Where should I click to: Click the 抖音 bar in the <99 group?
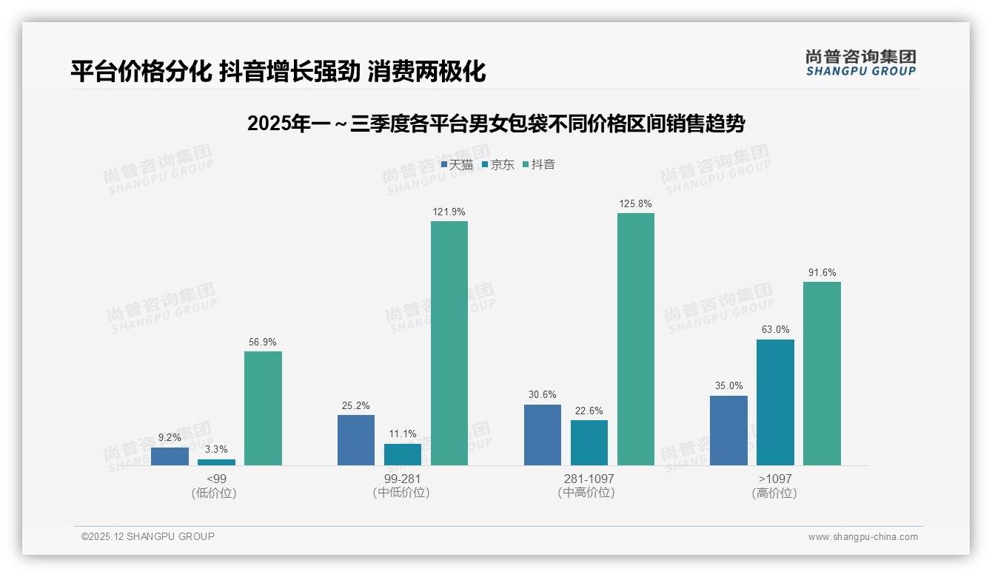(x=263, y=408)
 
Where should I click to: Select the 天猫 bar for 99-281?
(x=356, y=440)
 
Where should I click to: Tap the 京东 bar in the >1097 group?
(x=775, y=402)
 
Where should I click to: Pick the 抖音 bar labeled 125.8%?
(x=636, y=339)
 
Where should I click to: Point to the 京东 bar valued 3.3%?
(x=216, y=462)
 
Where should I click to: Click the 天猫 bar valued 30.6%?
(x=543, y=435)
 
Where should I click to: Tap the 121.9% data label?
(x=449, y=212)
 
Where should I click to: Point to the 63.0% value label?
(x=775, y=330)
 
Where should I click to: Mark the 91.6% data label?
(x=822, y=272)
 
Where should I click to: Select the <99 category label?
(x=216, y=479)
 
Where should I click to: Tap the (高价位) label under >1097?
(x=774, y=493)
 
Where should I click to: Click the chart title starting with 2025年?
(x=496, y=124)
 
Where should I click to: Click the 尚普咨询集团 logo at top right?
(x=860, y=62)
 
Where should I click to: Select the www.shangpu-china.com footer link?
(x=862, y=537)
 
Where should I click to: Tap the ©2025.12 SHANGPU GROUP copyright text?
(x=148, y=536)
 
